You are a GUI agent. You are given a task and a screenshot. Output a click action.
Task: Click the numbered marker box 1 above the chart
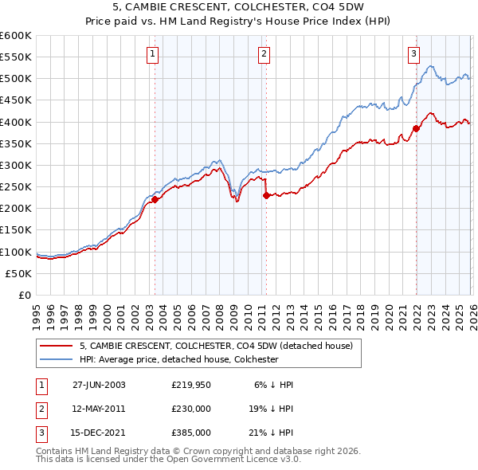click(x=152, y=54)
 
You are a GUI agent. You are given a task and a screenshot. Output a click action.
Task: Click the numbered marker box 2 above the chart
click(x=264, y=54)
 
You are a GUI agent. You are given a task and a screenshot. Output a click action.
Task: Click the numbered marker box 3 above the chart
click(x=413, y=54)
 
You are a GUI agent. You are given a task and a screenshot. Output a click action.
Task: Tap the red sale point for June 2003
click(x=155, y=199)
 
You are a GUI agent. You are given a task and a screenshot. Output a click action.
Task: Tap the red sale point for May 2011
click(x=266, y=195)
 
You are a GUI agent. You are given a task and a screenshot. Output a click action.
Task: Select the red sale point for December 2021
click(x=416, y=128)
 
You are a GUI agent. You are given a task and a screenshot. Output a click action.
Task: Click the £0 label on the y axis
click(x=25, y=295)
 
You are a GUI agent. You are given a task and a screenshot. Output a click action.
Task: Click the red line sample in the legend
click(x=55, y=346)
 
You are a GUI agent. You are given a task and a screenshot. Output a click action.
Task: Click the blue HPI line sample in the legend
click(x=55, y=359)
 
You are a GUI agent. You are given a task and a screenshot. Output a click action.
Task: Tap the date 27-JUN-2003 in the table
click(x=99, y=384)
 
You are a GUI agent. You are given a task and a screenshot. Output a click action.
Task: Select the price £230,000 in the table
click(x=191, y=409)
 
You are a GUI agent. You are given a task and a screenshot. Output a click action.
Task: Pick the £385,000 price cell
click(x=191, y=433)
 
